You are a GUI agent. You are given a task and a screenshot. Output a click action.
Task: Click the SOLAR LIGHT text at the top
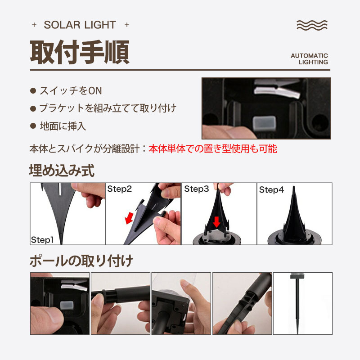tap(80, 25)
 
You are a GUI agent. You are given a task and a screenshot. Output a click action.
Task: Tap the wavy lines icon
tap(312, 25)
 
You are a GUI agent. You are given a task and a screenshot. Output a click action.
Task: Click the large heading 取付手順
tap(80, 52)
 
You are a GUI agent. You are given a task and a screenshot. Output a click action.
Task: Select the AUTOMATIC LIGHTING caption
tap(309, 59)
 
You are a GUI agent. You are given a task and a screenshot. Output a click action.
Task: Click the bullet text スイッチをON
tap(71, 91)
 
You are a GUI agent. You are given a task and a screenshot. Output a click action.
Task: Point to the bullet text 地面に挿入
tap(63, 126)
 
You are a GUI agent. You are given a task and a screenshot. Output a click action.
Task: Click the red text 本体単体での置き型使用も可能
tap(213, 149)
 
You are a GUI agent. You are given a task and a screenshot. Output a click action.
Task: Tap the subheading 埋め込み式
tap(62, 171)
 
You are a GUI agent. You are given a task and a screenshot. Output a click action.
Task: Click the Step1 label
tap(42, 240)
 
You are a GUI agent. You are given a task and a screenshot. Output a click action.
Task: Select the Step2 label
tap(119, 189)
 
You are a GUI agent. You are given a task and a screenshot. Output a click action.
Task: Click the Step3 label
tap(197, 189)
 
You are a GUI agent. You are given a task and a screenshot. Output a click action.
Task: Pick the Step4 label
tap(271, 190)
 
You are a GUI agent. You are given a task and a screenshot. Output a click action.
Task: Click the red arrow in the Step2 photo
tap(129, 218)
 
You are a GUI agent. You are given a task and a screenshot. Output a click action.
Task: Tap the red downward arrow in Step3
tap(216, 222)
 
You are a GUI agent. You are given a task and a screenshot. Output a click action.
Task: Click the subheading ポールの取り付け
tap(81, 261)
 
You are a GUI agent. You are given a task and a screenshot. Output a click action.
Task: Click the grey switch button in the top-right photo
tap(264, 123)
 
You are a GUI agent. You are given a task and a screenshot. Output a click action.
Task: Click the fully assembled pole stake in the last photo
tap(297, 303)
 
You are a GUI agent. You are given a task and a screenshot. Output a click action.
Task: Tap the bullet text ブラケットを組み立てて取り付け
tap(108, 108)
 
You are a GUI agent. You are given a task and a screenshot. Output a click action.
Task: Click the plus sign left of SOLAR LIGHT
tap(34, 25)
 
